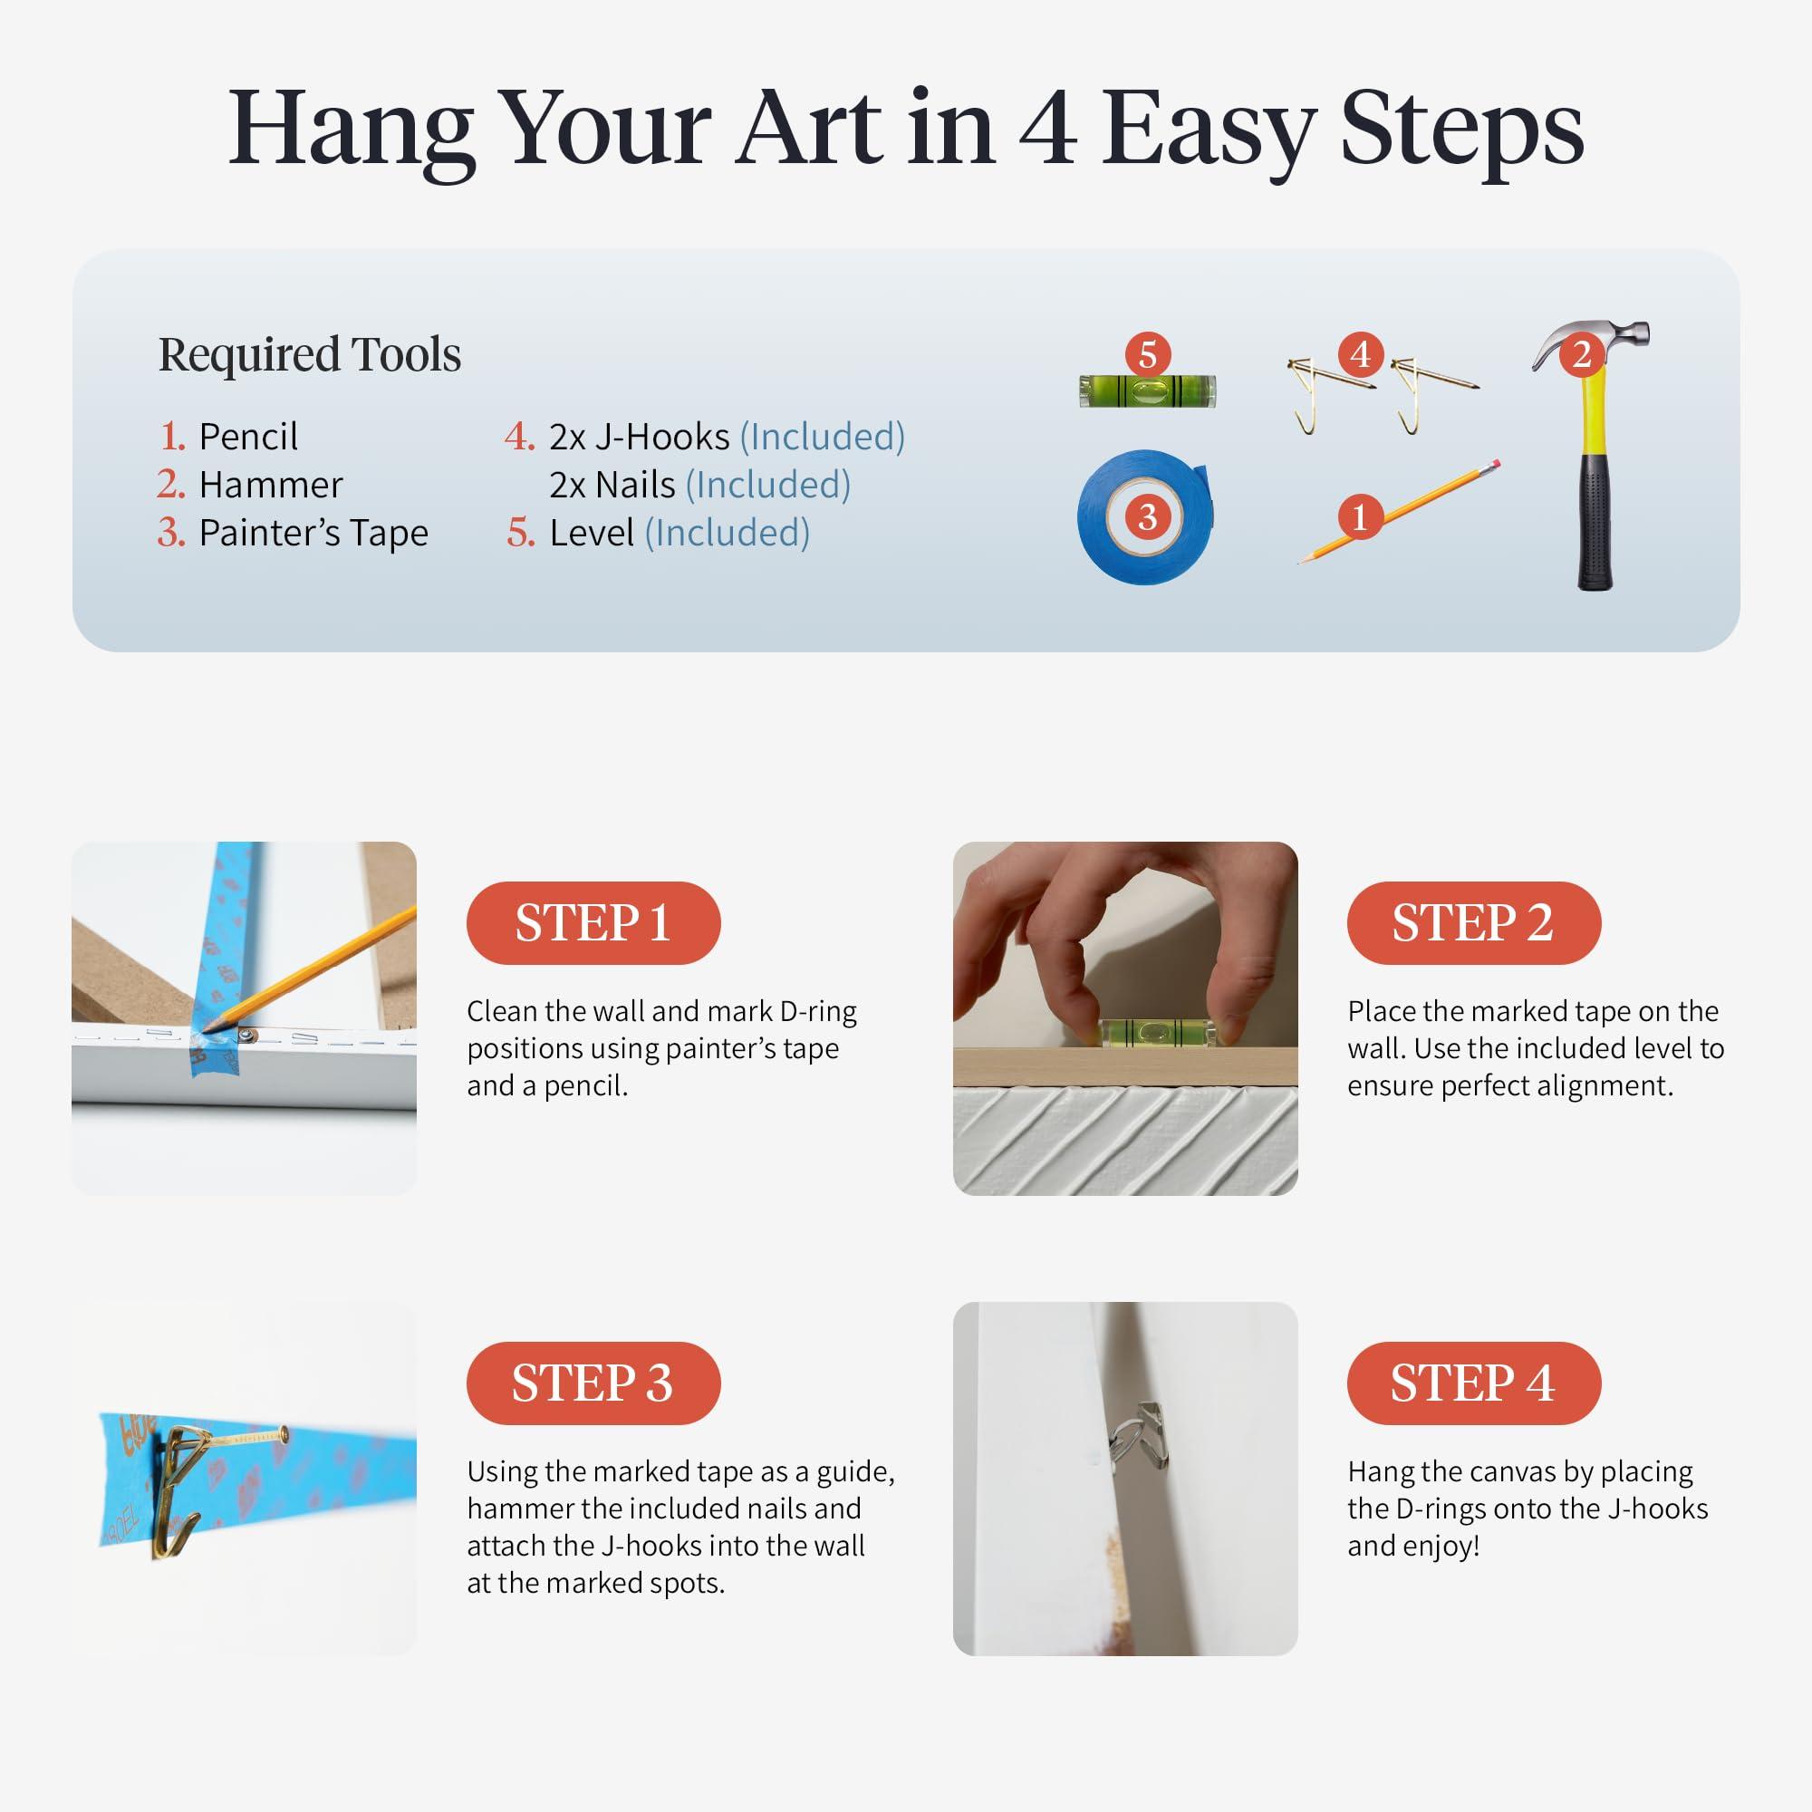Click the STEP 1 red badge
(x=593, y=923)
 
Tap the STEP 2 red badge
(x=1473, y=923)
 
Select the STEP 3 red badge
(x=593, y=1383)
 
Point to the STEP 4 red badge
(x=1473, y=1383)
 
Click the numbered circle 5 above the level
(x=1148, y=354)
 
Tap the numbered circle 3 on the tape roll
(x=1147, y=516)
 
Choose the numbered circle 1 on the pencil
(x=1360, y=516)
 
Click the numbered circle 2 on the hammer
(x=1581, y=354)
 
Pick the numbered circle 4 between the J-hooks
(x=1360, y=354)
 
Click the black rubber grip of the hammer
(x=1595, y=522)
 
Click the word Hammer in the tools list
(x=270, y=485)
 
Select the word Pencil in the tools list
(x=248, y=437)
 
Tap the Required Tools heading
(x=310, y=354)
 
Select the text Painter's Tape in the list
(x=313, y=533)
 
